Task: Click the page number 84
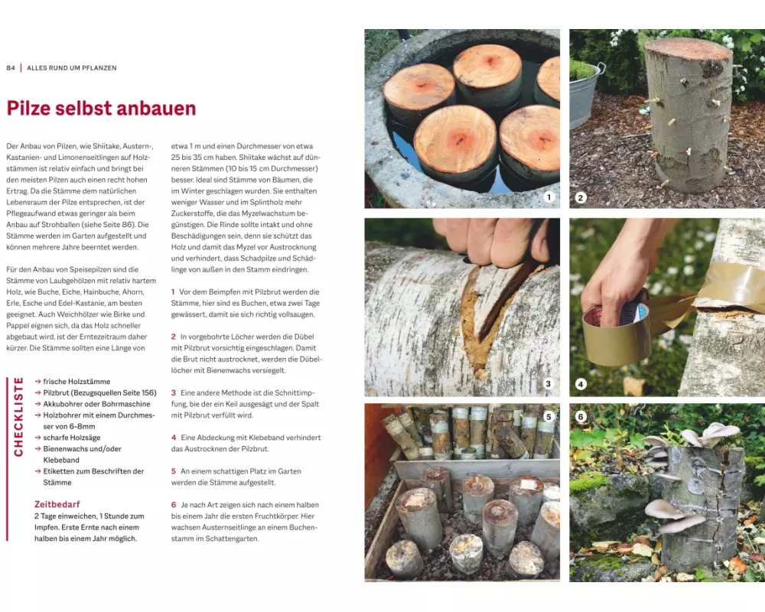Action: pyautogui.click(x=11, y=68)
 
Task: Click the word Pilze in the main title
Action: pyautogui.click(x=28, y=109)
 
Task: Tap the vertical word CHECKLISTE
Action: pyautogui.click(x=18, y=417)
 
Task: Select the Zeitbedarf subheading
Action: pyautogui.click(x=57, y=504)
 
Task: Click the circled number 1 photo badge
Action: pyautogui.click(x=549, y=197)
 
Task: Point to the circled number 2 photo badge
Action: pyautogui.click(x=580, y=197)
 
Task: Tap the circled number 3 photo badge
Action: pyautogui.click(x=548, y=383)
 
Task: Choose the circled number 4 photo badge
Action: pyautogui.click(x=581, y=384)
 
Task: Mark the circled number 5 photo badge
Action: pyautogui.click(x=549, y=416)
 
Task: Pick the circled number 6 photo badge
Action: pyautogui.click(x=581, y=416)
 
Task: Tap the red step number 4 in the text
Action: pyautogui.click(x=174, y=438)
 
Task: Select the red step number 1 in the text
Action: pyautogui.click(x=173, y=291)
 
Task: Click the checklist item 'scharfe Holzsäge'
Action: pyautogui.click(x=72, y=438)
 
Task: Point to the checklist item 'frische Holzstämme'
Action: pyautogui.click(x=76, y=382)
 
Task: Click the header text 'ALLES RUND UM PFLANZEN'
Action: pyautogui.click(x=72, y=68)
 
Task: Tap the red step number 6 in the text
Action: pyautogui.click(x=174, y=505)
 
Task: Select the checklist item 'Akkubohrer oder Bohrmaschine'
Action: pyautogui.click(x=96, y=404)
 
